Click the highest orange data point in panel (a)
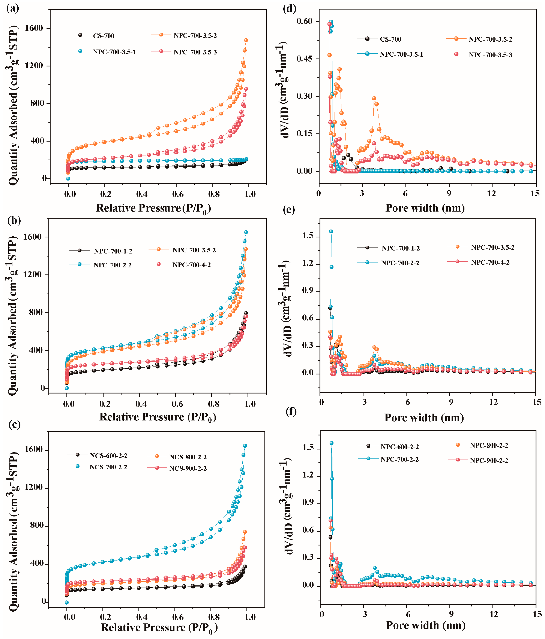point(246,40)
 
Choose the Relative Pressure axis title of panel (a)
point(153,208)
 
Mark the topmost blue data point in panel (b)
point(246,232)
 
